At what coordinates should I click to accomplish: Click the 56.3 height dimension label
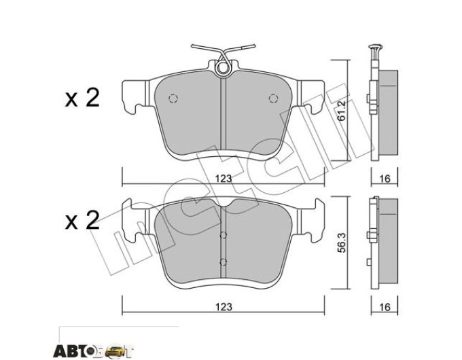(342, 242)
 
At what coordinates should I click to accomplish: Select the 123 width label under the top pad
(224, 179)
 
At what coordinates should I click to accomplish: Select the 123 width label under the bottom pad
(224, 307)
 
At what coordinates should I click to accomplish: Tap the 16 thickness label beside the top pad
(385, 179)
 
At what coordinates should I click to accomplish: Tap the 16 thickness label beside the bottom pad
(385, 307)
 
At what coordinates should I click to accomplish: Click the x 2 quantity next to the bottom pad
(82, 221)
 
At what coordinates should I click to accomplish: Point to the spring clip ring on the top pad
(222, 68)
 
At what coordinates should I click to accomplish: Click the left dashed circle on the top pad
(173, 98)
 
